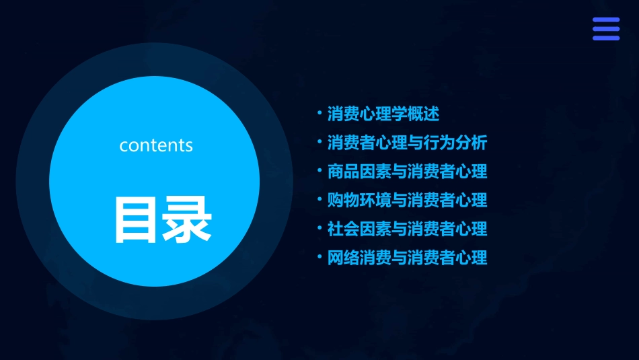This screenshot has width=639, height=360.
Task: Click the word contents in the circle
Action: pos(156,145)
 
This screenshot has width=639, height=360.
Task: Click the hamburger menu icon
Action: pos(605,29)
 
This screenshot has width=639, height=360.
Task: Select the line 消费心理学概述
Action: pos(383,114)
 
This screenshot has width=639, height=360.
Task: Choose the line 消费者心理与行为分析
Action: pos(407,143)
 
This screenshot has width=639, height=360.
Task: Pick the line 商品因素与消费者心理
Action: pos(407,172)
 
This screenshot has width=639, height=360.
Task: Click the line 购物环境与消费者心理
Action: pos(407,200)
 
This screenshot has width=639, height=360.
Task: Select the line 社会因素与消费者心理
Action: pos(407,229)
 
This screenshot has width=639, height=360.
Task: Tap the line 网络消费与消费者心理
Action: pos(407,258)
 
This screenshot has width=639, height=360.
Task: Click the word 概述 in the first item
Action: pos(423,114)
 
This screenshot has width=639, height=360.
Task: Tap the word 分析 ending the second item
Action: pos(471,143)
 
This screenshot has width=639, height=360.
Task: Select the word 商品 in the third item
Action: pos(343,172)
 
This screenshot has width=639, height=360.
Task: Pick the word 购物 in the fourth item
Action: pos(343,200)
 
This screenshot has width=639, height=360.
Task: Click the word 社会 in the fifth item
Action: pos(343,229)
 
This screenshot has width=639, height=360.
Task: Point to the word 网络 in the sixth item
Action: pos(343,258)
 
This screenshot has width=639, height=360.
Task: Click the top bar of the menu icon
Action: pos(605,20)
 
